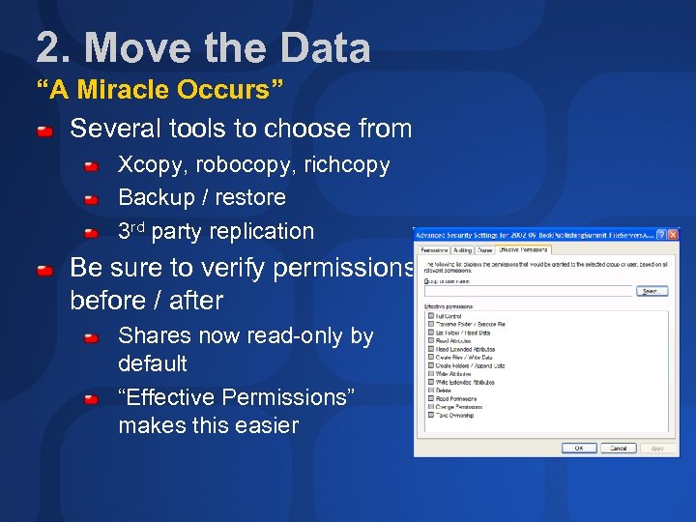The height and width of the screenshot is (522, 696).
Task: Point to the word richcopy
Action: (x=347, y=164)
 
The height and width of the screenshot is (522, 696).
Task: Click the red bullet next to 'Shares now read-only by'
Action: (x=92, y=338)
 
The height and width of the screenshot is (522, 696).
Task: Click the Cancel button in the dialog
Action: (x=619, y=448)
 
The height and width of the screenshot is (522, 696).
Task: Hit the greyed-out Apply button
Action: (x=657, y=448)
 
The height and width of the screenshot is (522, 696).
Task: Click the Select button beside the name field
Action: (x=651, y=291)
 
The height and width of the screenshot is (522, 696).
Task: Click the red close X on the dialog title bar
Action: (x=673, y=235)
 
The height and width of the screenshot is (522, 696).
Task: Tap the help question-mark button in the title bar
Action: (x=661, y=235)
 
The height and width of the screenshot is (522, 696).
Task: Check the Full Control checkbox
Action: (x=430, y=316)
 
